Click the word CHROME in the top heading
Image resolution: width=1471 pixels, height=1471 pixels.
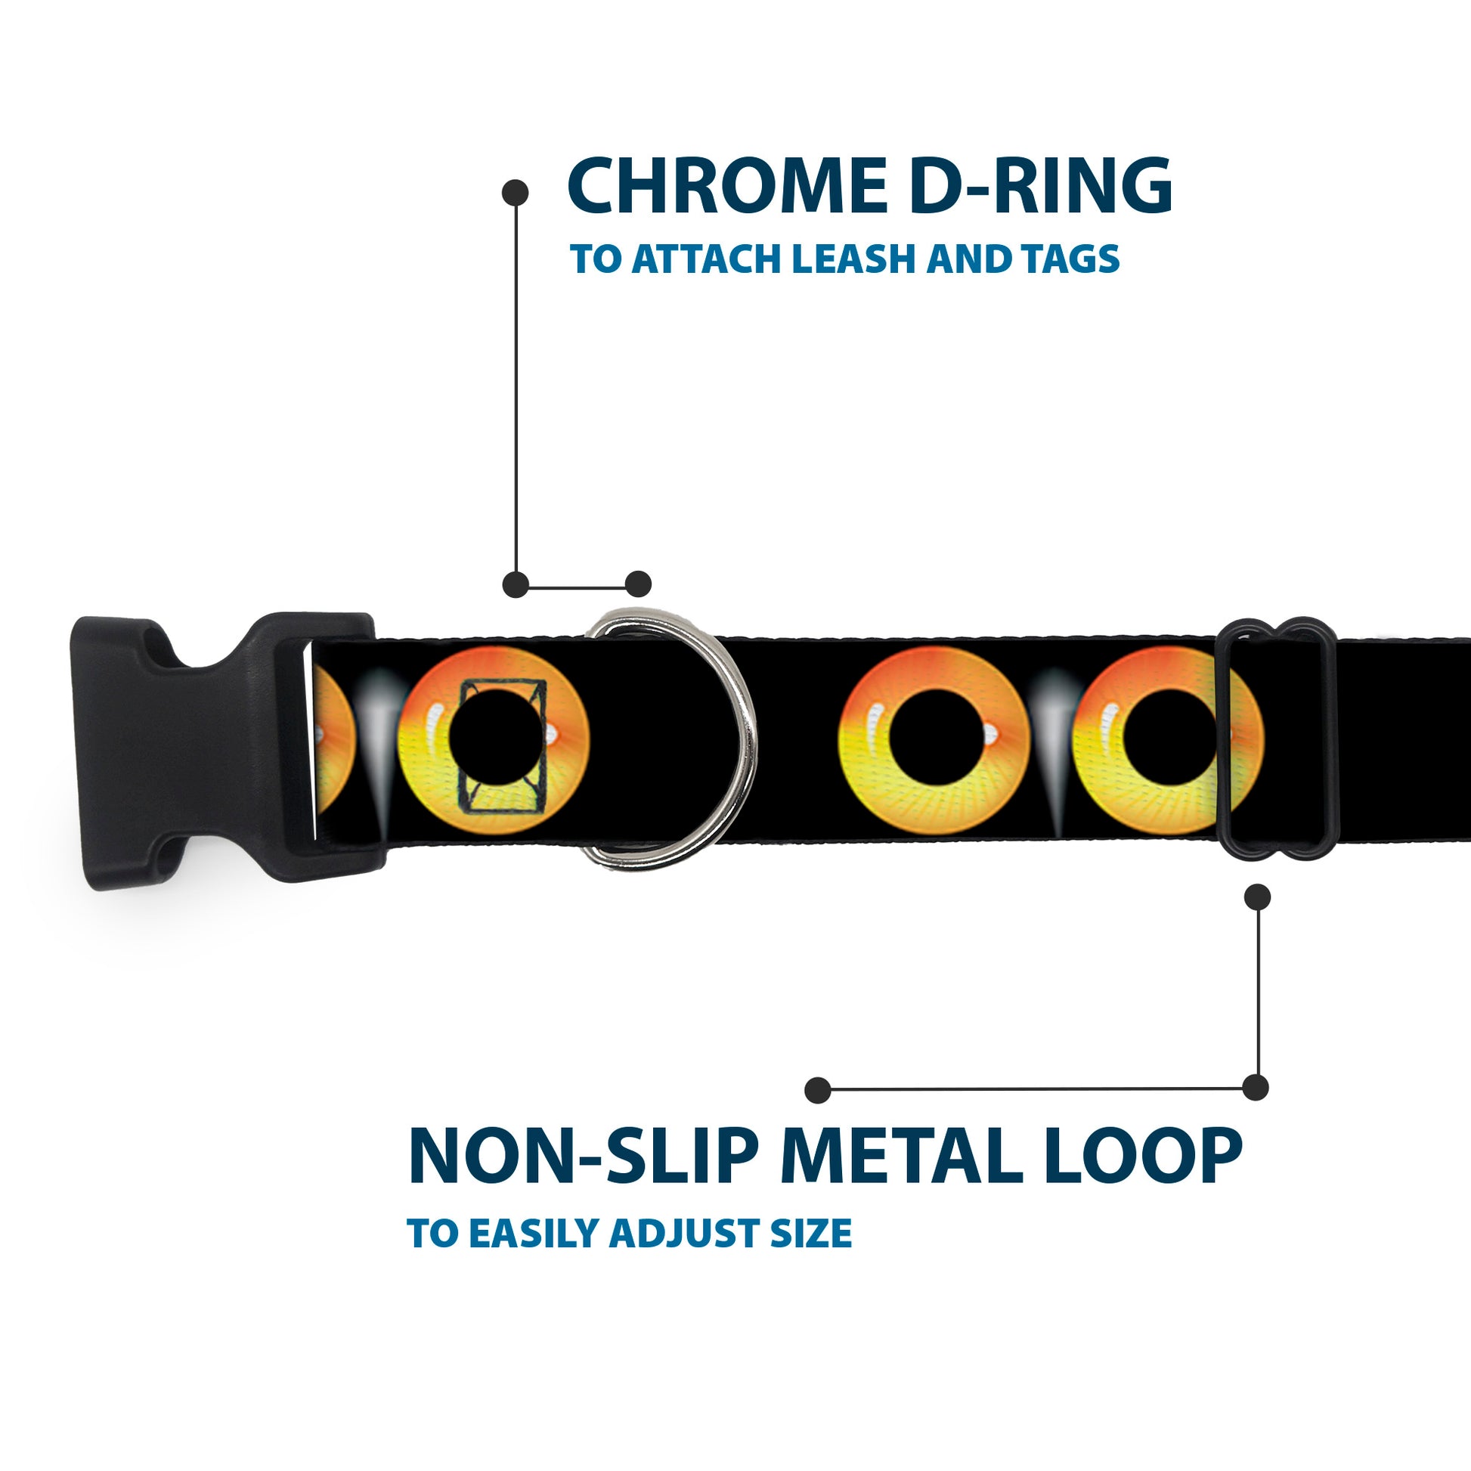728,186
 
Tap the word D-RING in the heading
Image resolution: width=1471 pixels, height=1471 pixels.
1040,186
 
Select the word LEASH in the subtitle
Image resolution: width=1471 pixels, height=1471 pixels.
853,259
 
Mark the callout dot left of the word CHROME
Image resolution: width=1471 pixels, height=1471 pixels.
516,193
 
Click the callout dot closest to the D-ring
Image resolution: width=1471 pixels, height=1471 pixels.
638,584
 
